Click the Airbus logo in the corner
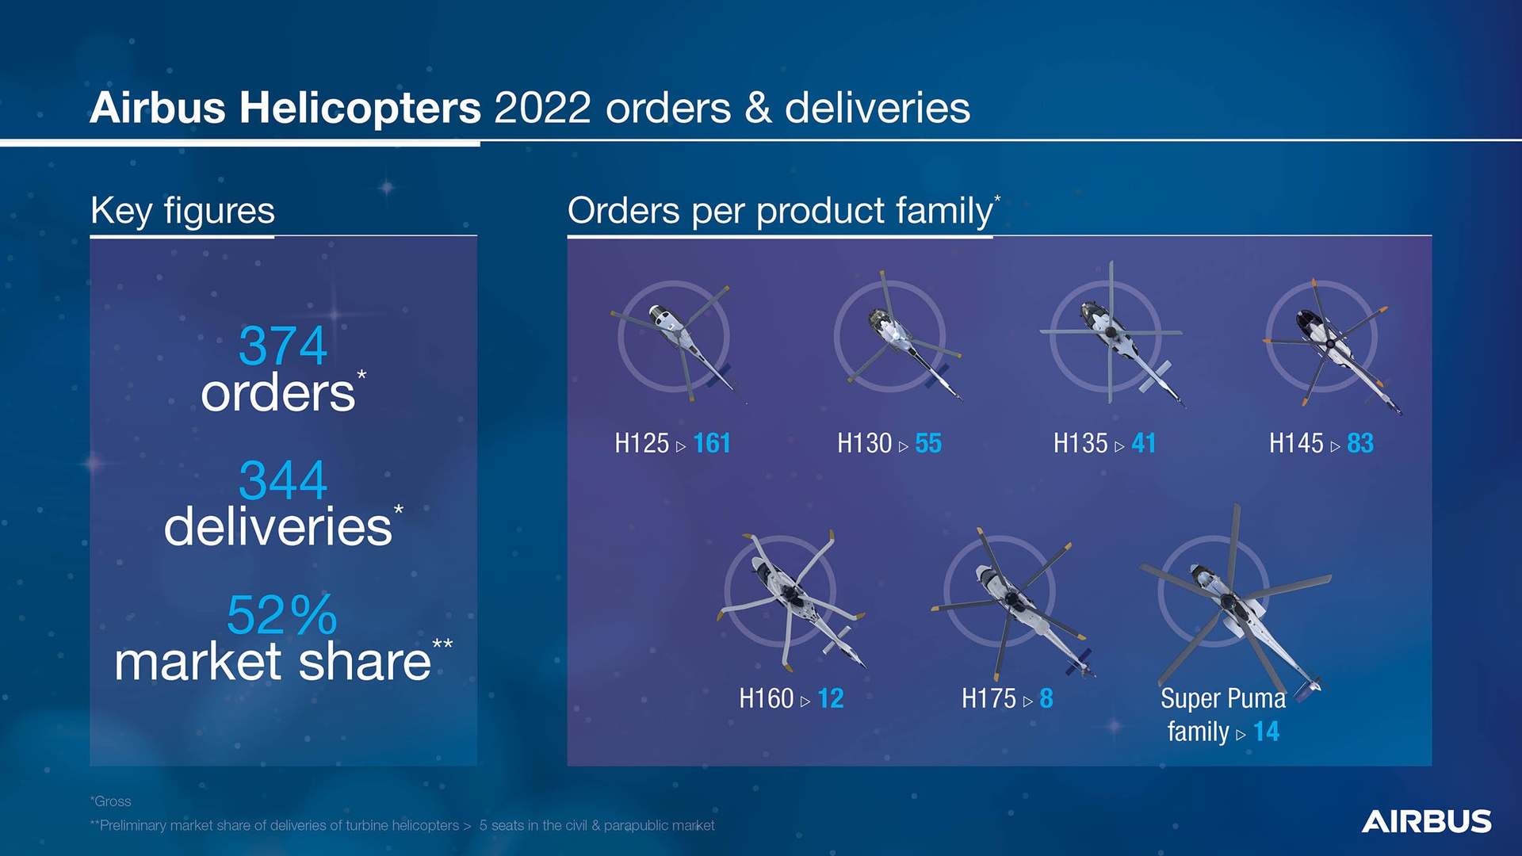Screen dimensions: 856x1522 tap(1426, 821)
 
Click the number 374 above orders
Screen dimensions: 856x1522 tap(282, 346)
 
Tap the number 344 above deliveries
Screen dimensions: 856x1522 tap(282, 480)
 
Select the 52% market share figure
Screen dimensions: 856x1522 tap(281, 615)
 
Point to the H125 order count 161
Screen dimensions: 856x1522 tap(711, 443)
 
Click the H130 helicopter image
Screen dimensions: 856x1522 tap(896, 337)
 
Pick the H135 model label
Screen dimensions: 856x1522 tap(1080, 443)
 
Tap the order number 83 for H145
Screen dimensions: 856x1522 tap(1359, 443)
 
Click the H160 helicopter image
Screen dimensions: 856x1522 tap(789, 598)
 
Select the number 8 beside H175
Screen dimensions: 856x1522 tap(1046, 698)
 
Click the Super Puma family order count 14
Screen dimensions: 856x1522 tap(1266, 732)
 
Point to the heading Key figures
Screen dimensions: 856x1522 tap(182, 211)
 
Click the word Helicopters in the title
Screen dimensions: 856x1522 tap(360, 108)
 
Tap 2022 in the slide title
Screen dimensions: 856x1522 tap(542, 108)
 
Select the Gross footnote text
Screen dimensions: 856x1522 tap(111, 801)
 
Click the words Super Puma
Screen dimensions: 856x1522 tap(1222, 698)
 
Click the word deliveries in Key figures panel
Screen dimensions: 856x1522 tap(277, 527)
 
